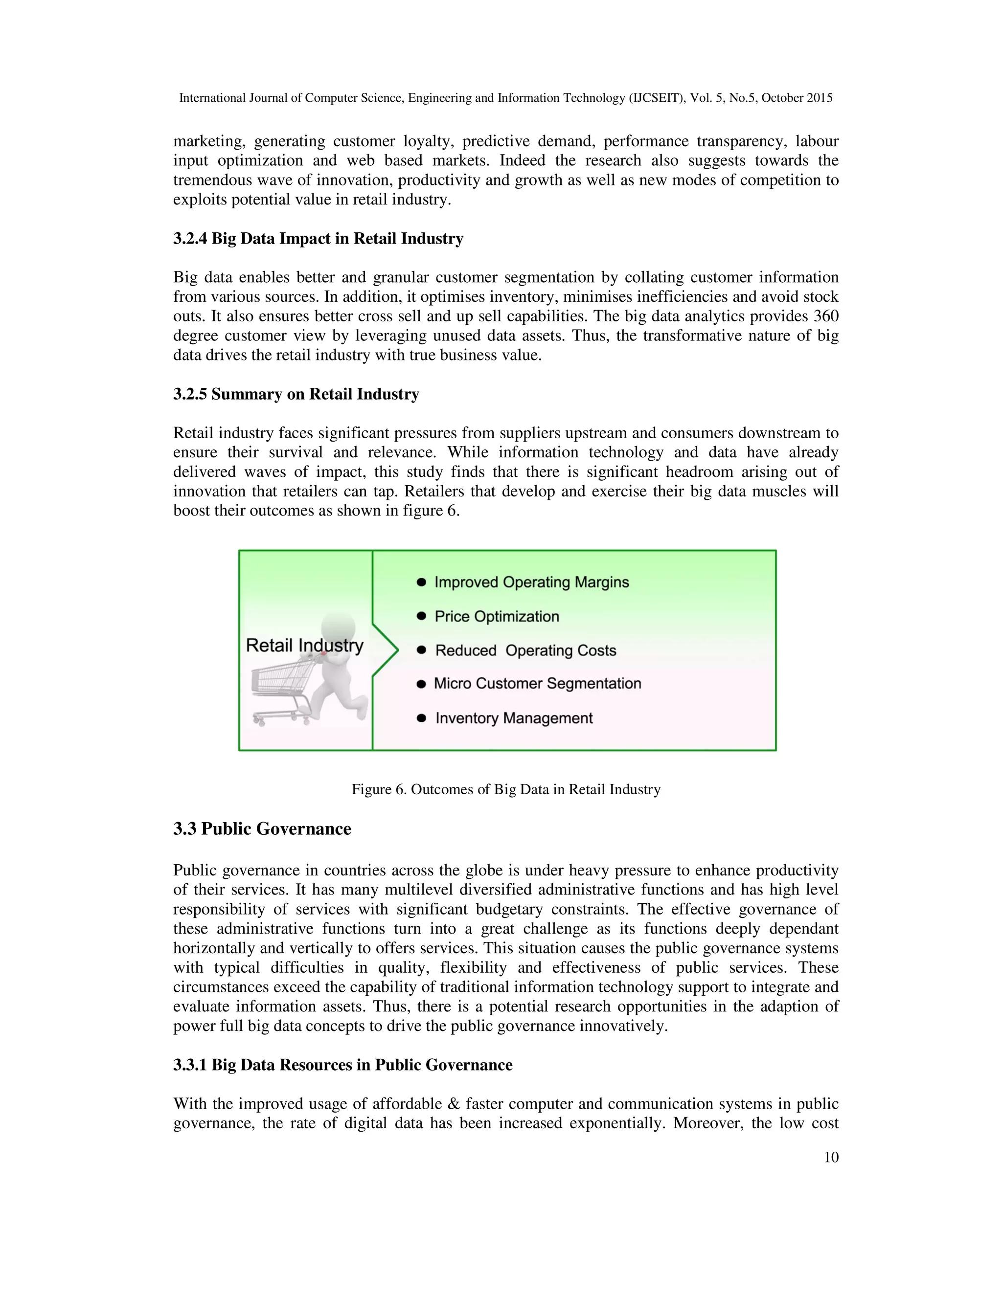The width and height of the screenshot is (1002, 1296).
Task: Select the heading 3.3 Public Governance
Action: [x=262, y=828]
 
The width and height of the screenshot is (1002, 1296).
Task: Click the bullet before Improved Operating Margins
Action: [x=421, y=582]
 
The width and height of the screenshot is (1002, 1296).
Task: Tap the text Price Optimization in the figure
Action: [x=497, y=617]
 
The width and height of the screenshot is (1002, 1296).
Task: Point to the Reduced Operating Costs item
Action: [x=525, y=650]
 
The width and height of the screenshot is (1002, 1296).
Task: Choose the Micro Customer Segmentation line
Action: [x=537, y=684]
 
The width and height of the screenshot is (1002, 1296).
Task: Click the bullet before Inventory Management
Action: [x=421, y=718]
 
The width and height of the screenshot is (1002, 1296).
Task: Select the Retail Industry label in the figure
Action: [x=304, y=645]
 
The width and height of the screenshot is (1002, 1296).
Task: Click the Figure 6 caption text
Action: [x=506, y=789]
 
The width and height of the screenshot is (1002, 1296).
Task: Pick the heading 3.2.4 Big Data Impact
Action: [x=318, y=239]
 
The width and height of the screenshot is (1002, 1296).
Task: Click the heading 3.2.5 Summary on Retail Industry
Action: [x=296, y=394]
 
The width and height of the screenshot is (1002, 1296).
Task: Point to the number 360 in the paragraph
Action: [x=826, y=316]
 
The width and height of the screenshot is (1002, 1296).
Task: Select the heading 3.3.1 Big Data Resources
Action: [x=342, y=1065]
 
